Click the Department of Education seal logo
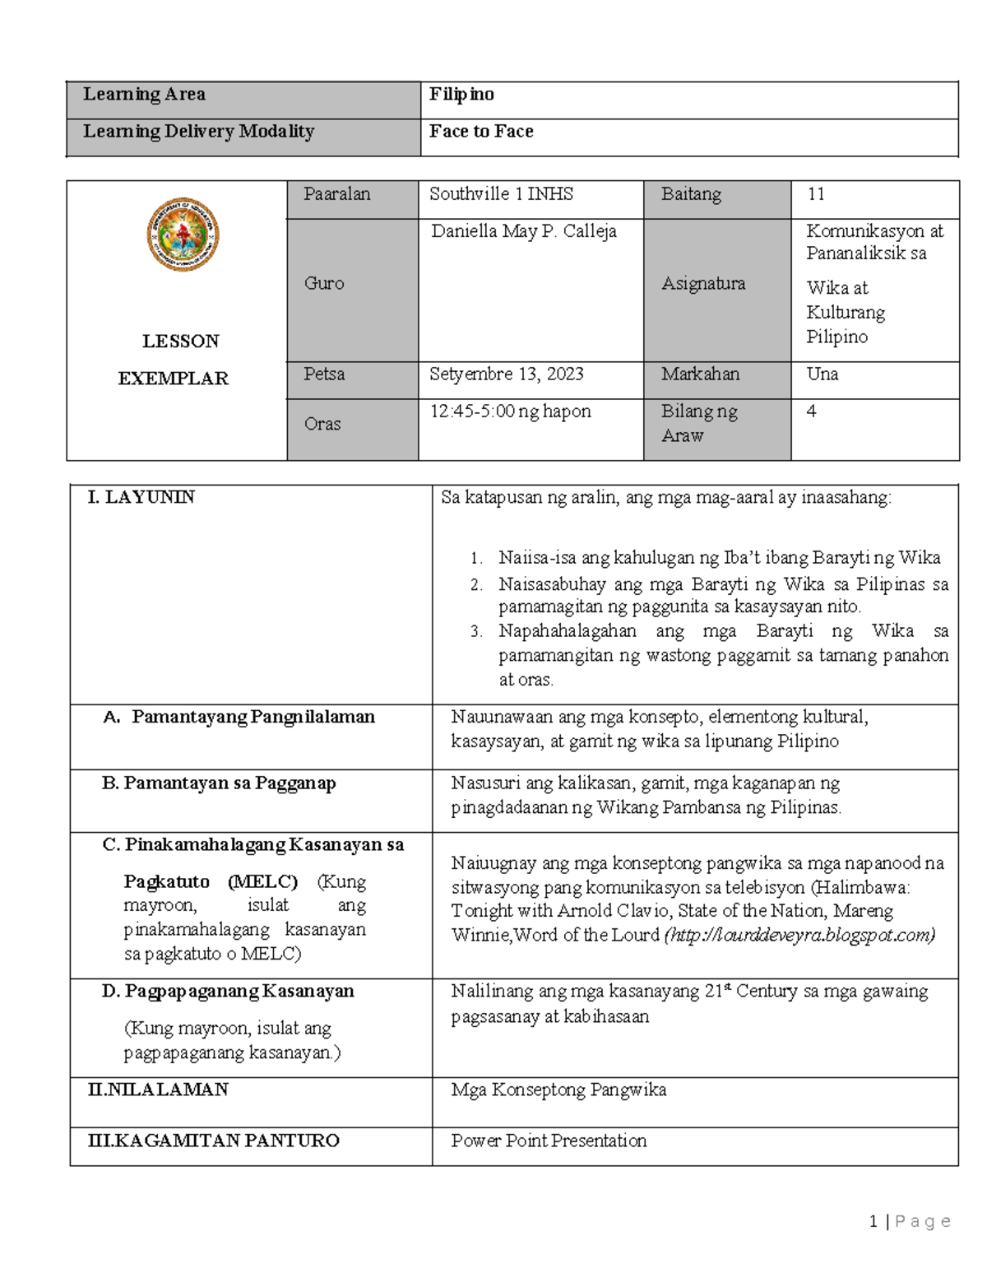pos(183,235)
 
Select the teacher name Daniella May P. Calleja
pos(524,232)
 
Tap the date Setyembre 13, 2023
pos(506,374)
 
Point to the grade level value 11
pos(816,195)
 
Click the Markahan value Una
pos(822,374)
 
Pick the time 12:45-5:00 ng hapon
pos(510,411)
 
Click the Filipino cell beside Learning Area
pos(461,95)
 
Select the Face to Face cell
pos(481,132)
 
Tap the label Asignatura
pos(703,284)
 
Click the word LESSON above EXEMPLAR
pos(180,342)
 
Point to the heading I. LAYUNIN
pos(141,497)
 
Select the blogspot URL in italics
pos(799,936)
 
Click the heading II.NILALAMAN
pos(158,1090)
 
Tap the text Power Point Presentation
pos(549,1141)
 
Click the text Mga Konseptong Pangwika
pos(558,1090)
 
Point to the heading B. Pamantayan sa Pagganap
pos(219,783)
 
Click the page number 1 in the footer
pos(873,1222)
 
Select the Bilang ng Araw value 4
pos(812,411)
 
